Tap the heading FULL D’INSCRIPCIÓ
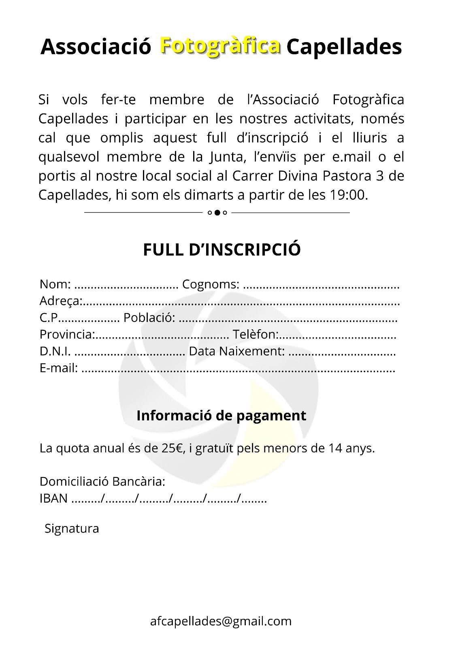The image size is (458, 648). click(x=222, y=249)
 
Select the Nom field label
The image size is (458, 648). click(x=55, y=284)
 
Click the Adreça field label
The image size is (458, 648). click(x=61, y=301)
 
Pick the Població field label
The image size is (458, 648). click(x=149, y=318)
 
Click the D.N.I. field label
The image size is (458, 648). click(x=55, y=351)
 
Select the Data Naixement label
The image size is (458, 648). click(x=237, y=351)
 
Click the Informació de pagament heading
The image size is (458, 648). click(x=222, y=416)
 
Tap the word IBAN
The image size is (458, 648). click(x=53, y=499)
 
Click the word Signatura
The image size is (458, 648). click(x=72, y=529)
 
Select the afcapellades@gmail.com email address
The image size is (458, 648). click(x=221, y=621)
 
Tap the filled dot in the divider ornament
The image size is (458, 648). click(x=217, y=213)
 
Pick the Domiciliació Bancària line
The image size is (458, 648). click(x=102, y=482)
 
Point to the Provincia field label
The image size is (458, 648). click(x=67, y=335)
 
